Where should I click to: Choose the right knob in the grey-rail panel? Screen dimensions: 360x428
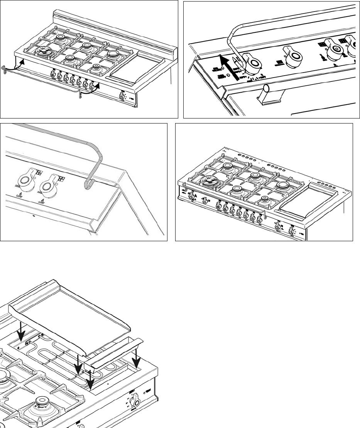[x=50, y=184]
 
